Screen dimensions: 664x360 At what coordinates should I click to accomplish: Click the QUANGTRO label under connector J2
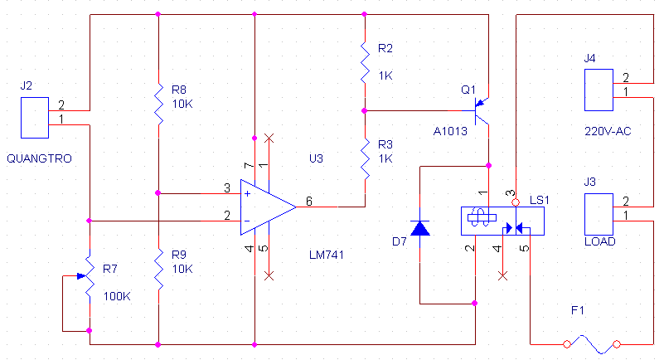40,158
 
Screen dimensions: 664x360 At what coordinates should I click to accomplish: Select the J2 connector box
35,118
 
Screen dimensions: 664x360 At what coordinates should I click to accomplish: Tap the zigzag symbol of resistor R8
159,105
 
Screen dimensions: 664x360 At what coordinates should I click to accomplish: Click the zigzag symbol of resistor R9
159,270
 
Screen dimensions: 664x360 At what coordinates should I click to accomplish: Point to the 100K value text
117,296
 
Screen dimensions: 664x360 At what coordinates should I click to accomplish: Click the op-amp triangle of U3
268,207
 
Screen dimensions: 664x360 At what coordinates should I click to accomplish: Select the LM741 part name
327,255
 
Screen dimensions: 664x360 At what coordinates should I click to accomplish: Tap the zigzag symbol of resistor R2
365,63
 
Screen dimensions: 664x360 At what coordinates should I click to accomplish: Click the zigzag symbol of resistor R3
365,159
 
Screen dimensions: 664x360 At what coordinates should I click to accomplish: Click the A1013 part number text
450,131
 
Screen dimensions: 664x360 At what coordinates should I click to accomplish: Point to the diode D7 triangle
420,228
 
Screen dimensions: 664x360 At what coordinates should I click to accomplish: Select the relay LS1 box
502,221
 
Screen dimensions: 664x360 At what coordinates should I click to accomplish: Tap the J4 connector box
599,90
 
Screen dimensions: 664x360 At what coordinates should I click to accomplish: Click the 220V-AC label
608,131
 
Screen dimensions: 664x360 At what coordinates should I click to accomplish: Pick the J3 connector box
599,214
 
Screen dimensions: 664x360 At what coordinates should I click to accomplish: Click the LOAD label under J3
599,241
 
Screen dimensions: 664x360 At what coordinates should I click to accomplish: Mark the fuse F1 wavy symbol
592,344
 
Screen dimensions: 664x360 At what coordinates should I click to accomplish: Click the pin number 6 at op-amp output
309,202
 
